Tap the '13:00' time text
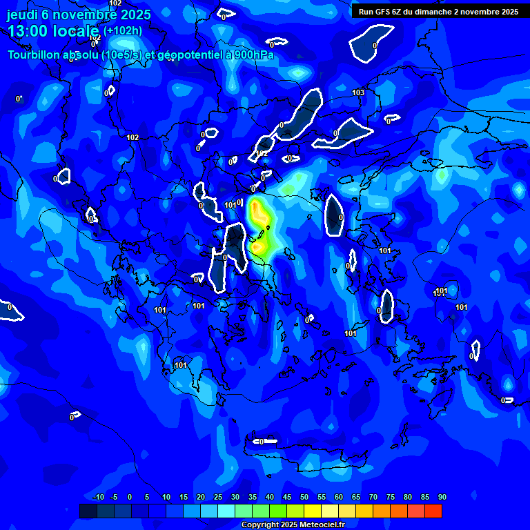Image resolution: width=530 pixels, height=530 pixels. (x=29, y=32)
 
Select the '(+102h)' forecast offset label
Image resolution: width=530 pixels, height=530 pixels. (x=123, y=31)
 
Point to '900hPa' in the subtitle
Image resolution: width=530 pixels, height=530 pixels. (x=251, y=55)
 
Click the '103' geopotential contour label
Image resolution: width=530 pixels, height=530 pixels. (x=358, y=92)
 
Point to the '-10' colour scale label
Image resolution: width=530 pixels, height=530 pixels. (x=98, y=498)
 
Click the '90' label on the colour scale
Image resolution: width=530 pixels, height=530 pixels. (x=442, y=498)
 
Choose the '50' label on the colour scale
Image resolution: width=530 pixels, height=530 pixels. (x=304, y=498)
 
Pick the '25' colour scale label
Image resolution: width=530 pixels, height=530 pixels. (x=217, y=498)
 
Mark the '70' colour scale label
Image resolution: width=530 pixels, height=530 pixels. (x=373, y=498)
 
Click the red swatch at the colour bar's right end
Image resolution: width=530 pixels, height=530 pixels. (x=433, y=511)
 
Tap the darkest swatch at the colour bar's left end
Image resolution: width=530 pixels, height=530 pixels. (x=88, y=511)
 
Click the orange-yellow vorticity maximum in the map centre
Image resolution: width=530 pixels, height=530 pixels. (x=259, y=214)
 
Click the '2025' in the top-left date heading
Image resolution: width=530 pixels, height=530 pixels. (x=136, y=14)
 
